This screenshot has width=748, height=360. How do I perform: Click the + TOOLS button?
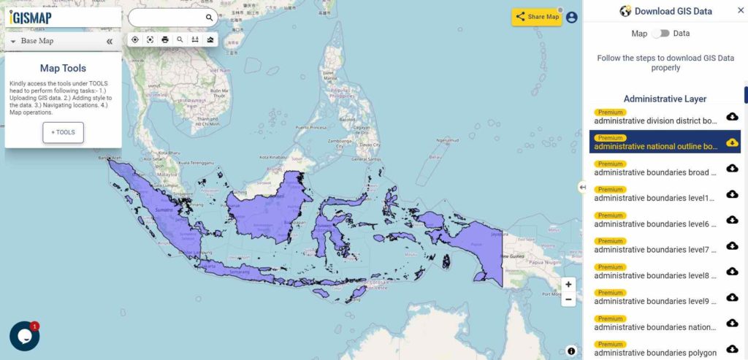click(x=63, y=132)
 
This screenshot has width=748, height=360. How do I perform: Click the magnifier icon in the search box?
click(x=209, y=18)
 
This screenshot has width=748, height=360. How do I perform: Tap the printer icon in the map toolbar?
click(x=165, y=39)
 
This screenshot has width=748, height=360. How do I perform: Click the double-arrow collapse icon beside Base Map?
click(x=110, y=42)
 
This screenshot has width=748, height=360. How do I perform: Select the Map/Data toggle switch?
click(x=660, y=34)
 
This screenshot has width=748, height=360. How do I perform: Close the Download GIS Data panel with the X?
click(x=740, y=11)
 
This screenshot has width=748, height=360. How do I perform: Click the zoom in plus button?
click(x=569, y=284)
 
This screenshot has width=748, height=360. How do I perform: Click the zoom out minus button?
click(x=569, y=299)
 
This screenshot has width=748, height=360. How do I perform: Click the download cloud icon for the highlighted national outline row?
click(x=732, y=142)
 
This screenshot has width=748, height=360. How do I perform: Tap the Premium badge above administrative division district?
click(x=611, y=112)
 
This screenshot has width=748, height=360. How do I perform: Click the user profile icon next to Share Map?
click(x=571, y=17)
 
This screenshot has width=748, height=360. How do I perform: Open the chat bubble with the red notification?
click(x=24, y=336)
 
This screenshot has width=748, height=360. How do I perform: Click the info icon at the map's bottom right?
click(x=571, y=351)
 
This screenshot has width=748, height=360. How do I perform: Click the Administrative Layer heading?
click(x=665, y=99)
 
